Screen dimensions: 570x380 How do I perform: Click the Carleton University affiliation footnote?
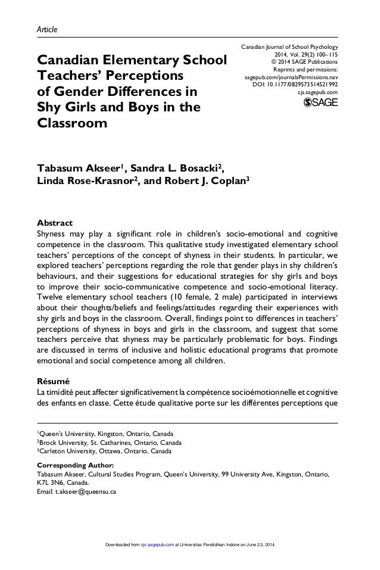coord(106,451)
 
